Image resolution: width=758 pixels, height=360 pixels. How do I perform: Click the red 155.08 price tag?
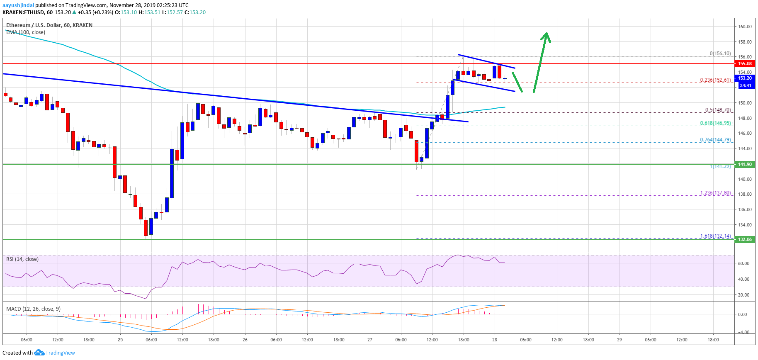(x=745, y=63)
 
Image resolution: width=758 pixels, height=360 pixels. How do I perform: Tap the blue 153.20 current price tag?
(x=745, y=78)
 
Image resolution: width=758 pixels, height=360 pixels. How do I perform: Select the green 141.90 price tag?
(x=745, y=164)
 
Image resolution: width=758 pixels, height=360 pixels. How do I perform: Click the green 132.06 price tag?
(x=745, y=239)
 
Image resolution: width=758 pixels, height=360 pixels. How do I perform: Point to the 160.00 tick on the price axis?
(x=745, y=27)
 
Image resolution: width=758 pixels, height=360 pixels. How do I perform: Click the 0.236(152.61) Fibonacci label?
(x=715, y=80)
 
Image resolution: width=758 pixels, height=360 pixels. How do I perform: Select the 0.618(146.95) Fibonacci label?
(x=715, y=123)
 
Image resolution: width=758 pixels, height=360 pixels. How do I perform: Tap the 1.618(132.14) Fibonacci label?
(x=715, y=236)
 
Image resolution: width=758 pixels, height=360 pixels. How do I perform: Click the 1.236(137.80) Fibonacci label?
(x=715, y=193)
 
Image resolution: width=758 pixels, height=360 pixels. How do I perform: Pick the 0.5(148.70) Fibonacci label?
(x=718, y=110)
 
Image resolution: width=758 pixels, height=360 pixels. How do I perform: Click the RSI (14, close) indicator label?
(x=22, y=259)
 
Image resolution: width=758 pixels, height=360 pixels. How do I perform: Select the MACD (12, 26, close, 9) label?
(x=33, y=309)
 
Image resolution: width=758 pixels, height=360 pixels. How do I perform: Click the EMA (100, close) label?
(x=26, y=32)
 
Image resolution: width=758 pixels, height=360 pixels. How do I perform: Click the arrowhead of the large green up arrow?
(x=547, y=36)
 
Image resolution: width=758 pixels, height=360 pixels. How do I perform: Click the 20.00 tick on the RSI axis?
(x=743, y=295)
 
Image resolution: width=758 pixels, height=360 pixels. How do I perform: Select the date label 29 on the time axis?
(x=620, y=340)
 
